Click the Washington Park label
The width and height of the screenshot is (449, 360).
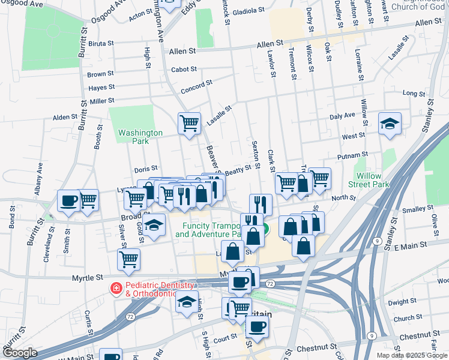140,137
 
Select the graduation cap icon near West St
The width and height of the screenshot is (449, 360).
390,124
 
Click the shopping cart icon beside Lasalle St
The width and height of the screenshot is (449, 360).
189,124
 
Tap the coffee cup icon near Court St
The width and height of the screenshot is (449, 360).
258,326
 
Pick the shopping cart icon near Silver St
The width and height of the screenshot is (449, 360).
128,260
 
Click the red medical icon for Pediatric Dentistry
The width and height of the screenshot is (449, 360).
114,289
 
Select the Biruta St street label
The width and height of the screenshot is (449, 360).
101,44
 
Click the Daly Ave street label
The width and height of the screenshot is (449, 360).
343,116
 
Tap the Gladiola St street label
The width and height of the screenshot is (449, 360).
249,11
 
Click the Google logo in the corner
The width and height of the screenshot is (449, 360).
20,353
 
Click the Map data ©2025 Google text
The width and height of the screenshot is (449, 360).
412,355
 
